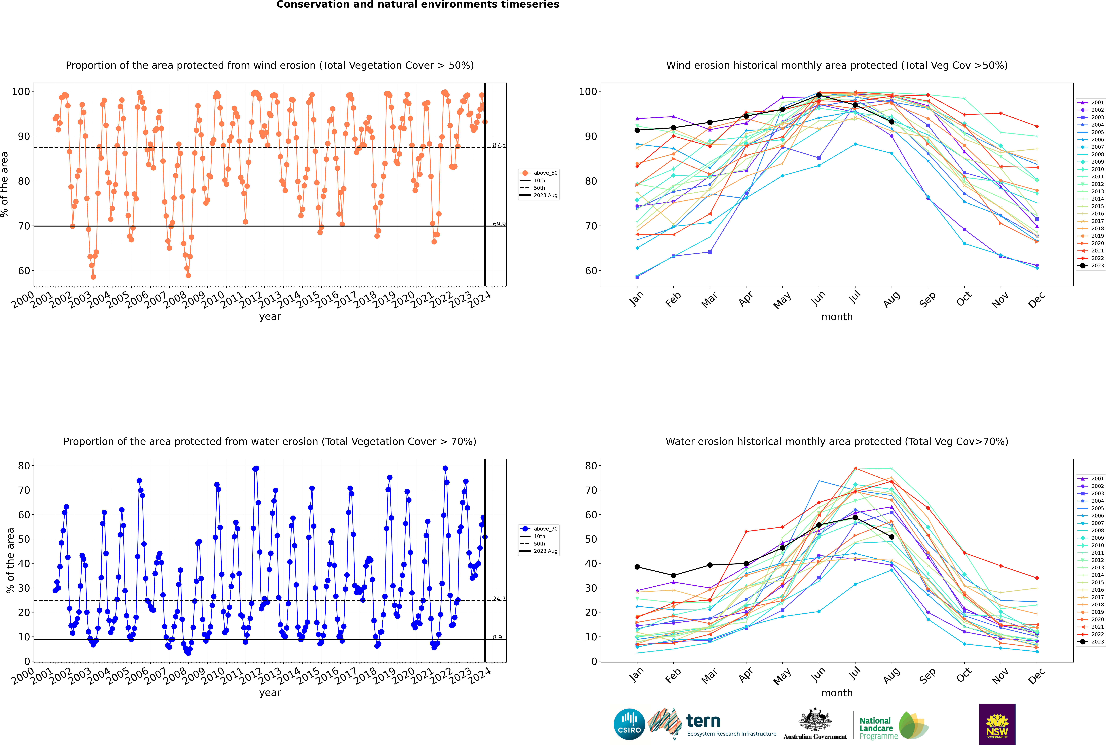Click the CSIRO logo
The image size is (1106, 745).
(629, 724)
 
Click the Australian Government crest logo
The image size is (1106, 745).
(815, 724)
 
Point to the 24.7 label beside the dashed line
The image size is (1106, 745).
(499, 599)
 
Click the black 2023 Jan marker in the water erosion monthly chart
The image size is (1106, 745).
(637, 567)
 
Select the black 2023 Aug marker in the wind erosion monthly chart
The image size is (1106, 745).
(892, 122)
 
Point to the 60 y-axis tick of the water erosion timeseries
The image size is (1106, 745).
(24, 515)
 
